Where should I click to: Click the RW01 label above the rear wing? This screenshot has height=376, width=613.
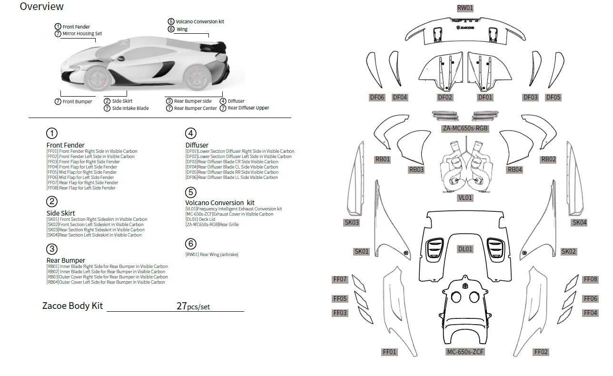465,8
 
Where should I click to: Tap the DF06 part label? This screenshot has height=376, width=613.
377,98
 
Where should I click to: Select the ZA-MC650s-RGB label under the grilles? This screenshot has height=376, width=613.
465,129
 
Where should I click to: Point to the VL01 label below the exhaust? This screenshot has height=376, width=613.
465,198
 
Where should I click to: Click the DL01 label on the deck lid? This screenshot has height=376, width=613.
465,249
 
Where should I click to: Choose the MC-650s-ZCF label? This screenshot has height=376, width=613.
465,352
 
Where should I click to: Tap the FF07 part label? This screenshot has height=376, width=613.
340,279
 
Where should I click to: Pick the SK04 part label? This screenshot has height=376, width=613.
579,222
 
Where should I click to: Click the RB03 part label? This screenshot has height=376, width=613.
416,170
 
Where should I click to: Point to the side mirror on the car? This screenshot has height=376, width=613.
121,59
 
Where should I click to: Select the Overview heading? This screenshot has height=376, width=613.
41,6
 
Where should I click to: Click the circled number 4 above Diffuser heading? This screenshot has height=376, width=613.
191,133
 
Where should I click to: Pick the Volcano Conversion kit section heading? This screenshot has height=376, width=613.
220,203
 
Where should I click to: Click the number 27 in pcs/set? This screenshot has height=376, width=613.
181,306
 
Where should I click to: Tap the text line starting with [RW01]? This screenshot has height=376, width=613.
212,255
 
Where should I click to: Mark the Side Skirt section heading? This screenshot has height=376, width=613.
60,213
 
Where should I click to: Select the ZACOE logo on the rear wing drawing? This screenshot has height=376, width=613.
465,28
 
